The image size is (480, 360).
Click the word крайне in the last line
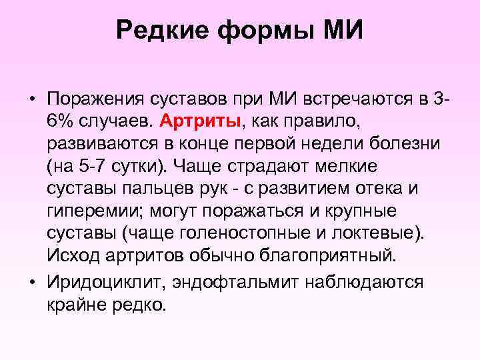click(79, 305)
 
